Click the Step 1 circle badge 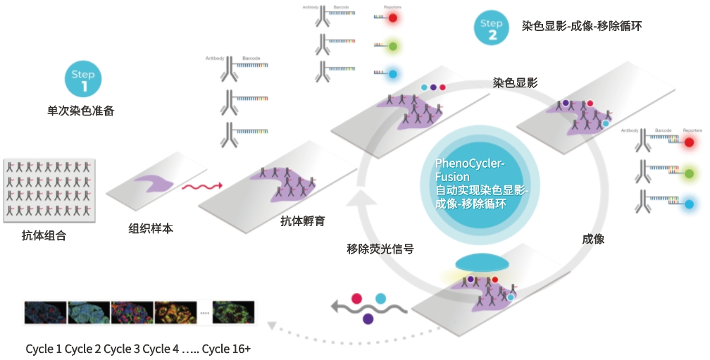[84, 79]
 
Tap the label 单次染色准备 [80, 110]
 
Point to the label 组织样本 [151, 228]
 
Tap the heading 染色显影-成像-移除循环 [582, 26]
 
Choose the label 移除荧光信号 [380, 249]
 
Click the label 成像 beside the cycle [593, 239]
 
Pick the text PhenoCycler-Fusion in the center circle [470, 170]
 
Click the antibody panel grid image [49, 190]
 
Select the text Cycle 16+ [226, 349]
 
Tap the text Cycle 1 [44, 349]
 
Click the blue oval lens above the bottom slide [481, 263]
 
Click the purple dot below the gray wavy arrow [368, 318]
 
